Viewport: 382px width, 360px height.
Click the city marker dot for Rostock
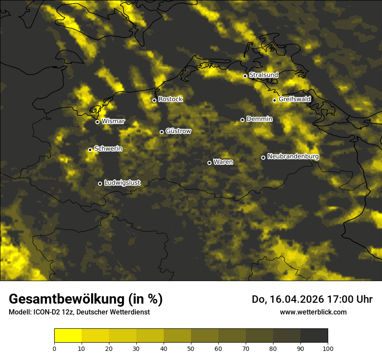(154, 100)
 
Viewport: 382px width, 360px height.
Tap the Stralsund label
(263, 75)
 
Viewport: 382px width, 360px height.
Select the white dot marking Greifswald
(274, 100)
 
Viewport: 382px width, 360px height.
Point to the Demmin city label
(259, 119)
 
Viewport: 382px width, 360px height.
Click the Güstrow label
(178, 131)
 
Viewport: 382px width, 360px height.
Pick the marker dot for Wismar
(97, 122)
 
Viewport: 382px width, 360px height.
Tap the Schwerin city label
(108, 149)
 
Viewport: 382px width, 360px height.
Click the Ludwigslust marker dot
(100, 183)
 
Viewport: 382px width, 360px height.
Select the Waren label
(223, 162)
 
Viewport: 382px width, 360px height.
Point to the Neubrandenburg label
(293, 157)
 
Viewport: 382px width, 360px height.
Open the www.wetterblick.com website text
(313, 312)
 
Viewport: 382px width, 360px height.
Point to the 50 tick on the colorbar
(191, 348)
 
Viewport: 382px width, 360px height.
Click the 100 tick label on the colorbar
(328, 348)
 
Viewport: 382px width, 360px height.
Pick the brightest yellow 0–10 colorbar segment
(68, 336)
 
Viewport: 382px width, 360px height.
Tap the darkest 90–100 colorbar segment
(314, 336)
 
